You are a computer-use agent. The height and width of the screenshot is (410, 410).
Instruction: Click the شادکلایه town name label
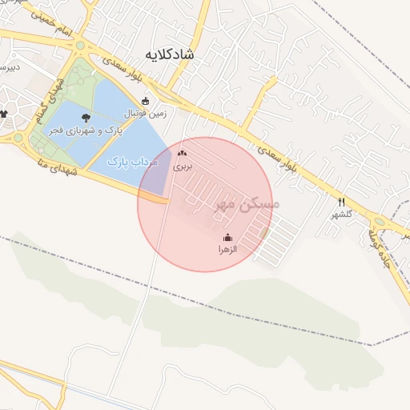pyautogui.click(x=170, y=54)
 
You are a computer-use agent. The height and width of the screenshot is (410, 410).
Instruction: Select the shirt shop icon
pyautogui.click(x=4, y=114)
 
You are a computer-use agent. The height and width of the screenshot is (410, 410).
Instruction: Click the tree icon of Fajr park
pyautogui.click(x=86, y=117)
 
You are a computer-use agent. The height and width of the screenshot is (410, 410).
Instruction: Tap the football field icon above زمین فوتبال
pyautogui.click(x=145, y=102)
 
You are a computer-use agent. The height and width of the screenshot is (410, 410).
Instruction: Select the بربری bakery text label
pyautogui.click(x=184, y=167)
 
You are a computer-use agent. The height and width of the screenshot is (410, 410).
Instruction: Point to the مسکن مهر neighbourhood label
pyautogui.click(x=247, y=206)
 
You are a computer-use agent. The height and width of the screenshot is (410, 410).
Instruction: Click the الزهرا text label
pyautogui.click(x=228, y=250)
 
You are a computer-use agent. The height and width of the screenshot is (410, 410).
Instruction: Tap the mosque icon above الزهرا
pyautogui.click(x=228, y=237)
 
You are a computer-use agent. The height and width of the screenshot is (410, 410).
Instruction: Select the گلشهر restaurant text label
pyautogui.click(x=342, y=214)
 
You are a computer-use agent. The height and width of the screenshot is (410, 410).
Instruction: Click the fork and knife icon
pyautogui.click(x=342, y=202)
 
